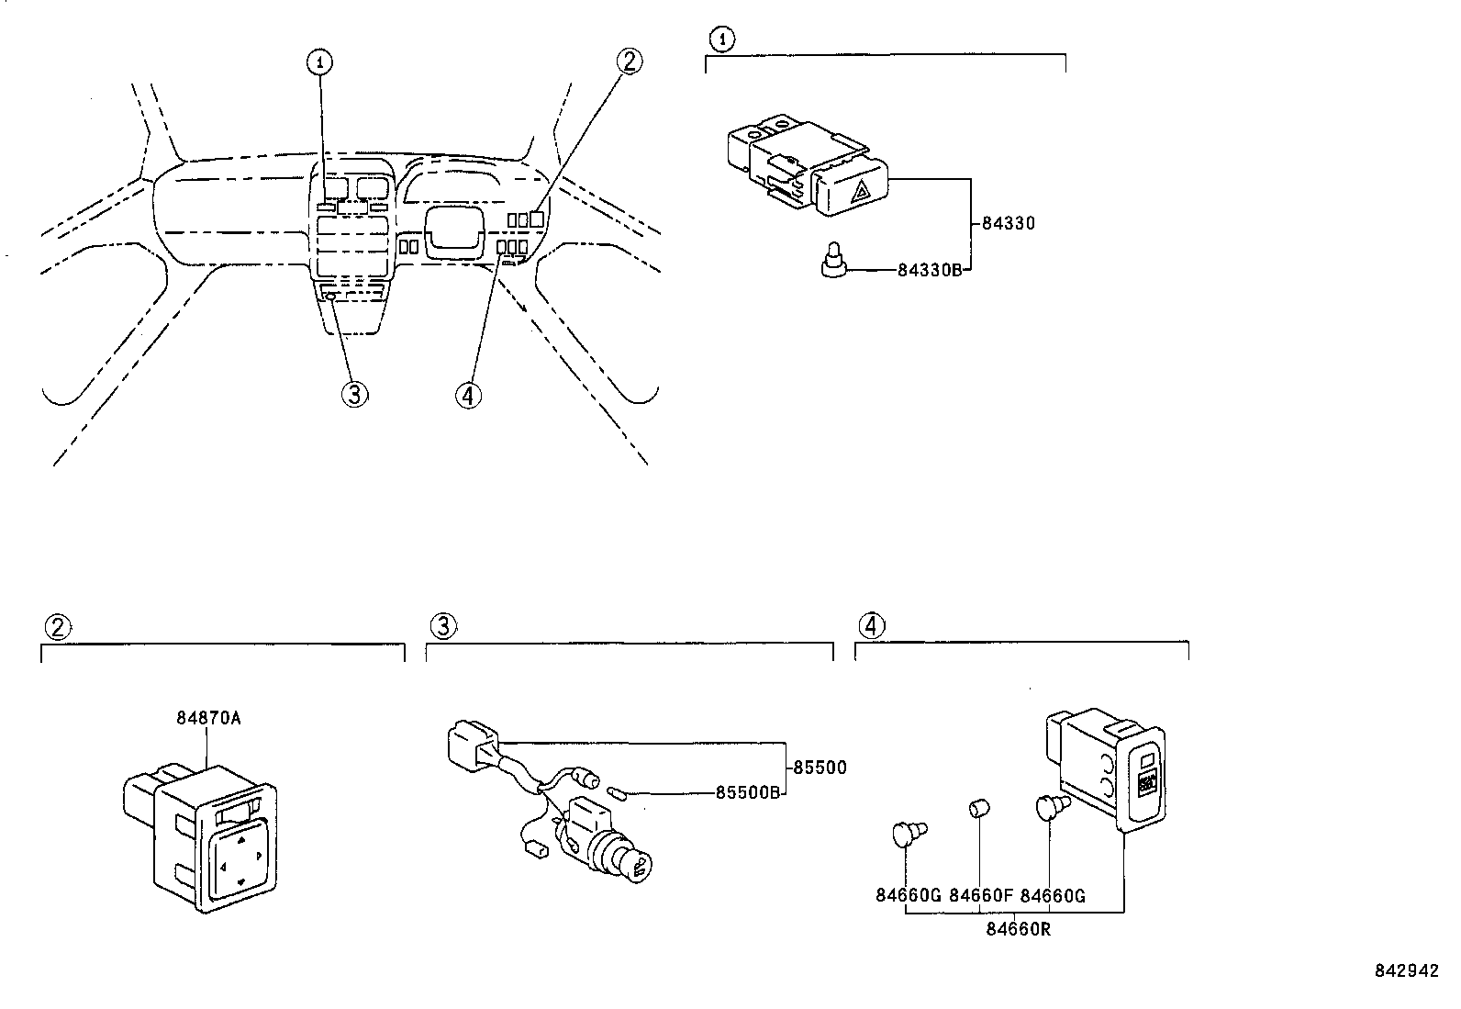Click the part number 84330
click(x=1009, y=223)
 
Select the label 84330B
click(x=930, y=270)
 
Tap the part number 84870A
click(x=208, y=719)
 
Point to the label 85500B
click(x=747, y=792)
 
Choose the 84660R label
click(x=1018, y=929)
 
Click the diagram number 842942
click(x=1407, y=970)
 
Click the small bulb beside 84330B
click(x=833, y=260)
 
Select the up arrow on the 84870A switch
click(x=240, y=841)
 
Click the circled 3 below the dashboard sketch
click(x=355, y=394)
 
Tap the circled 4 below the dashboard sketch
click(x=468, y=396)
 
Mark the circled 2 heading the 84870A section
click(x=58, y=627)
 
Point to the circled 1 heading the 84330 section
click(x=721, y=39)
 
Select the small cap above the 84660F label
click(x=977, y=808)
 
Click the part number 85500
click(x=820, y=768)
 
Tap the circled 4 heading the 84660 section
click(x=872, y=626)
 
